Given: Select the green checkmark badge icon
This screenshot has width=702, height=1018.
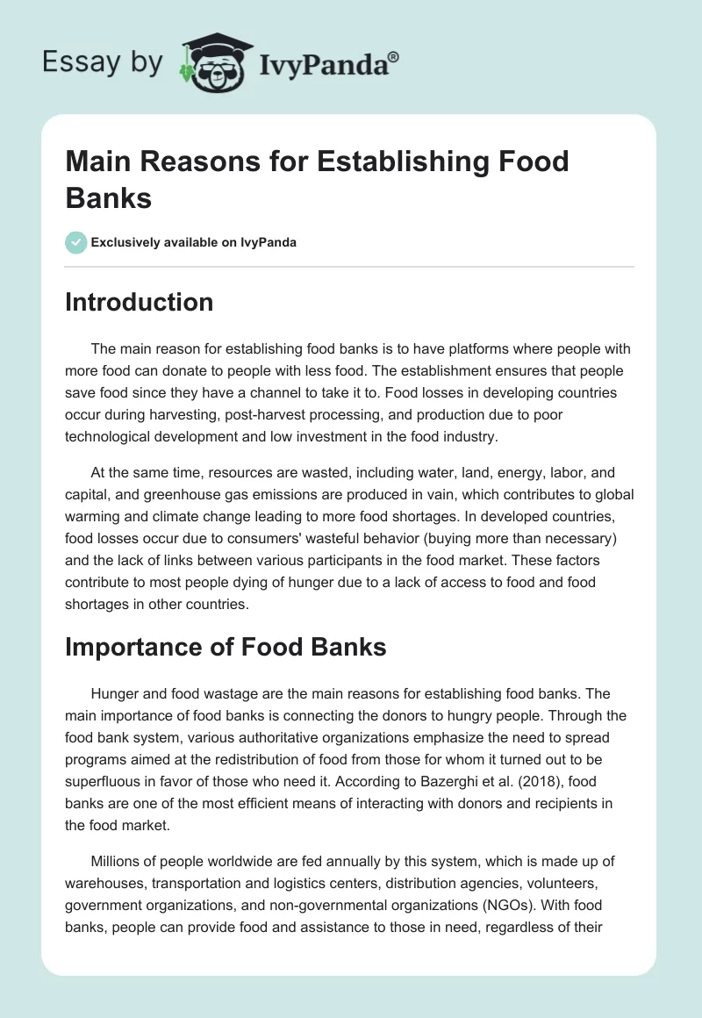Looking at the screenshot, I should (x=76, y=242).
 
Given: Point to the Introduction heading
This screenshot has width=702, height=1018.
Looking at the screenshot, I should (x=140, y=303).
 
